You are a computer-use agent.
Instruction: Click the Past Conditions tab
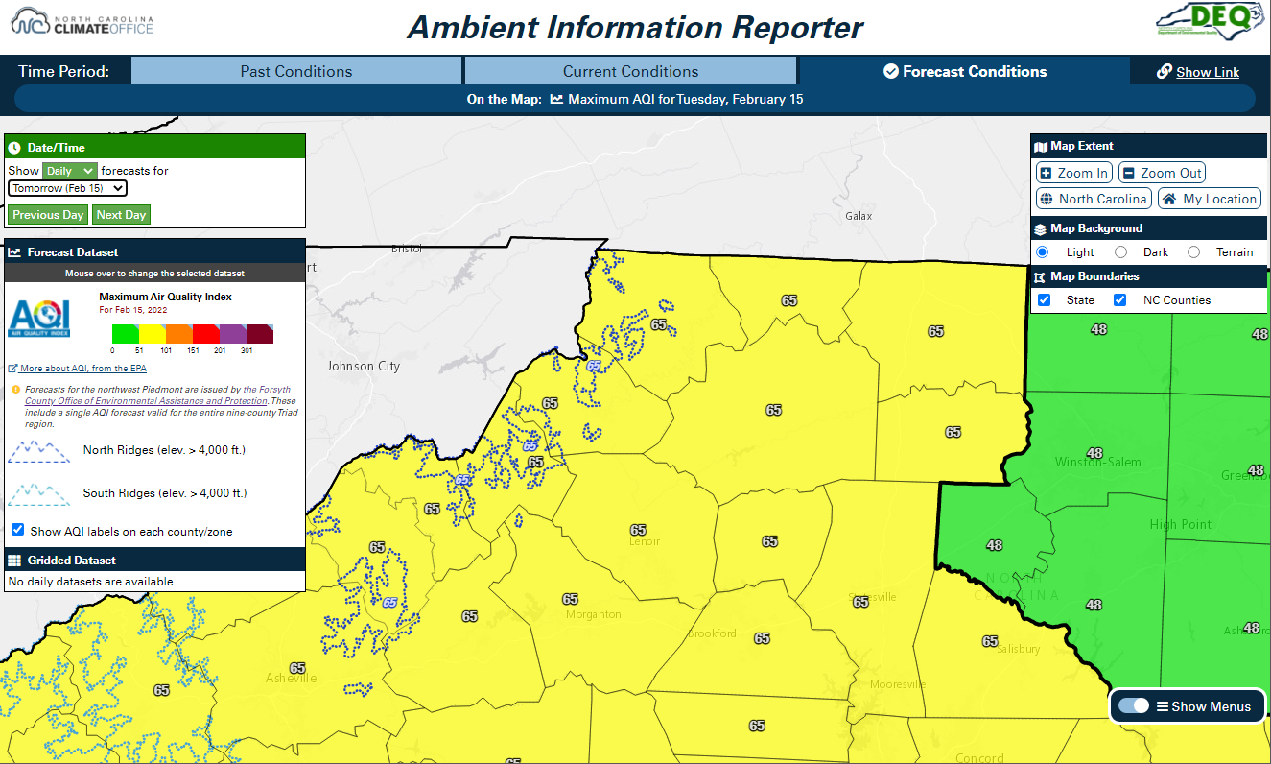click(x=295, y=71)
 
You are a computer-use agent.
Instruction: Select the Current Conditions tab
click(x=630, y=71)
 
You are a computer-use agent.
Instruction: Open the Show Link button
click(x=1198, y=72)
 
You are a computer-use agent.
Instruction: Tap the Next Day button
click(x=121, y=215)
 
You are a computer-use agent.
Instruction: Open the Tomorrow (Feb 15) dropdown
click(x=67, y=188)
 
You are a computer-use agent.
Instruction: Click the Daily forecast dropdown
click(x=70, y=170)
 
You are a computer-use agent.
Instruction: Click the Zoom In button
click(x=1073, y=173)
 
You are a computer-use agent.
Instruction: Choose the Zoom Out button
click(x=1162, y=173)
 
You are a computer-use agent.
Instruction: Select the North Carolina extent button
click(x=1094, y=199)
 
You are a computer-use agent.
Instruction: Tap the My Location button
click(x=1210, y=199)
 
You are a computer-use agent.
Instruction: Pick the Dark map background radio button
click(x=1120, y=252)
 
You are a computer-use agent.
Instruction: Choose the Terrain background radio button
click(x=1193, y=252)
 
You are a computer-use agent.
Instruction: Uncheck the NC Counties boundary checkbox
click(x=1119, y=300)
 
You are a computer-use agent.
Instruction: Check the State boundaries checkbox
click(x=1044, y=300)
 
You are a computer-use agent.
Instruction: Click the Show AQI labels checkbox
click(x=18, y=530)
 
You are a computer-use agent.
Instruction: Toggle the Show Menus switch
click(x=1134, y=706)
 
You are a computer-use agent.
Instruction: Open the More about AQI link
click(x=82, y=369)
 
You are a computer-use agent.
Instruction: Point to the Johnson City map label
click(x=364, y=366)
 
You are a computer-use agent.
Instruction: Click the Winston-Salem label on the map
click(x=1097, y=463)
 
